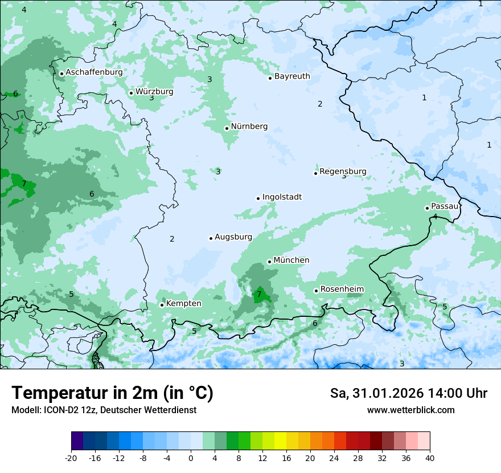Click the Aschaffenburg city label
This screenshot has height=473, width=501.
pyautogui.click(x=94, y=72)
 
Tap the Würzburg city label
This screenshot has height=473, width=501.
pyautogui.click(x=154, y=92)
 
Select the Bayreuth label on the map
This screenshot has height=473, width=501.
pyautogui.click(x=292, y=76)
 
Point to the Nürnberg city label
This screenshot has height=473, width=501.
pyautogui.click(x=249, y=127)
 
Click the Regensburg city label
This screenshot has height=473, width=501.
pyautogui.click(x=343, y=172)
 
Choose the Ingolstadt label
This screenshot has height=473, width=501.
pyautogui.click(x=282, y=197)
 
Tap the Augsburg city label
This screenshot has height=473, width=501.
pyautogui.click(x=233, y=237)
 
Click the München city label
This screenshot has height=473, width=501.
pyautogui.click(x=291, y=260)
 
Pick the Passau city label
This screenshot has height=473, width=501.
pyautogui.click(x=444, y=206)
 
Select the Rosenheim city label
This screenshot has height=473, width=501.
pyautogui.click(x=342, y=289)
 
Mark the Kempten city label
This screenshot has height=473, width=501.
pyautogui.click(x=183, y=304)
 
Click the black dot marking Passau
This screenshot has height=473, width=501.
pyautogui.click(x=427, y=208)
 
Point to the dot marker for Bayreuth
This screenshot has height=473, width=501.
pyautogui.click(x=270, y=78)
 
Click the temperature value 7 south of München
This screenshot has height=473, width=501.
pyautogui.click(x=259, y=295)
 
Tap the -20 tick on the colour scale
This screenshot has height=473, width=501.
pyautogui.click(x=71, y=458)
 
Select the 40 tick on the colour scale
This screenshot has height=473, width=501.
pyautogui.click(x=430, y=458)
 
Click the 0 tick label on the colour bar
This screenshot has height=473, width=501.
pyautogui.click(x=191, y=458)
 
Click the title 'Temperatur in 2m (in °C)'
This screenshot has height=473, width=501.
pyautogui.click(x=112, y=393)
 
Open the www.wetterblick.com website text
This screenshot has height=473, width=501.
pyautogui.click(x=410, y=410)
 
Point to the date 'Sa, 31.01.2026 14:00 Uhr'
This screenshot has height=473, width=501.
pyautogui.click(x=408, y=394)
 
